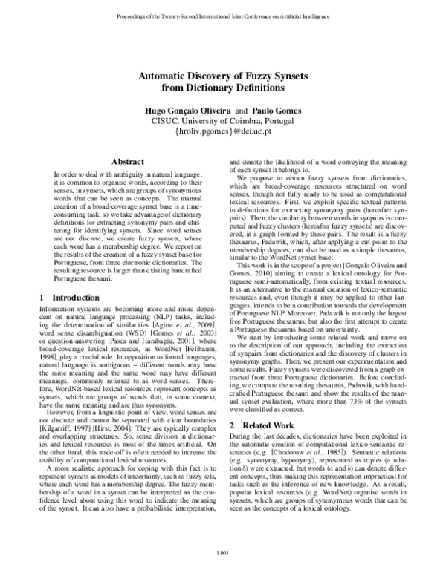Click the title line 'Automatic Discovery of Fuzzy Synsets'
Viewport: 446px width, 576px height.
pyautogui.click(x=223, y=76)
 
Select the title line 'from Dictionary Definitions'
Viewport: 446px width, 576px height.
pyautogui.click(x=223, y=88)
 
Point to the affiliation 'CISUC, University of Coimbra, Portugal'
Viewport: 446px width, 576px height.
pyautogui.click(x=223, y=120)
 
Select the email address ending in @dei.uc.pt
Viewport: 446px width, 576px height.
pyautogui.click(x=223, y=131)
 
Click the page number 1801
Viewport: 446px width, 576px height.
pyautogui.click(x=223, y=552)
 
